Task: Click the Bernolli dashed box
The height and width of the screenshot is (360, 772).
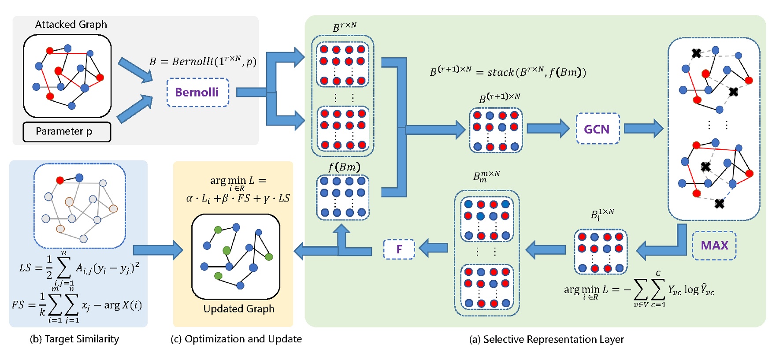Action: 197,93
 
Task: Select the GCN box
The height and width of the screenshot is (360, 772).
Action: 598,129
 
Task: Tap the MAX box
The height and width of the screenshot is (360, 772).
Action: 714,245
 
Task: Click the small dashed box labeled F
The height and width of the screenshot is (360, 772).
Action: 399,249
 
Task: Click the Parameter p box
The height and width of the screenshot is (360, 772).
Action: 67,132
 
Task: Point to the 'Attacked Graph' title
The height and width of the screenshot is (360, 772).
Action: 71,24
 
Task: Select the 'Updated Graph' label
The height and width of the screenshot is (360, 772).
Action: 239,308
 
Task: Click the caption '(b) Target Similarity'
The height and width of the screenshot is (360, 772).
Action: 74,339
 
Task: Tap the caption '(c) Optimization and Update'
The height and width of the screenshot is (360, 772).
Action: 236,339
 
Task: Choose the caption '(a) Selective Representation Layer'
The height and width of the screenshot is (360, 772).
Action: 546,339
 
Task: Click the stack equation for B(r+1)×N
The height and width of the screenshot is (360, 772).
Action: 508,72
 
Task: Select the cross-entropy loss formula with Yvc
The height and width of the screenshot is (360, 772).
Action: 639,289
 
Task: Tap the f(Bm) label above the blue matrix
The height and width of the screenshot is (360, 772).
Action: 344,167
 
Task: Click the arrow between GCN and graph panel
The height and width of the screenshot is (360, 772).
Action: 643,129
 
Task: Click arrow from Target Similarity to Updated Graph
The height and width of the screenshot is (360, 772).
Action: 158,250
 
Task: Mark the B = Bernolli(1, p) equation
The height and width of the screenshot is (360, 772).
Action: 203,61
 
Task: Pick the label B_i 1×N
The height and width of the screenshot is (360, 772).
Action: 602,215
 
